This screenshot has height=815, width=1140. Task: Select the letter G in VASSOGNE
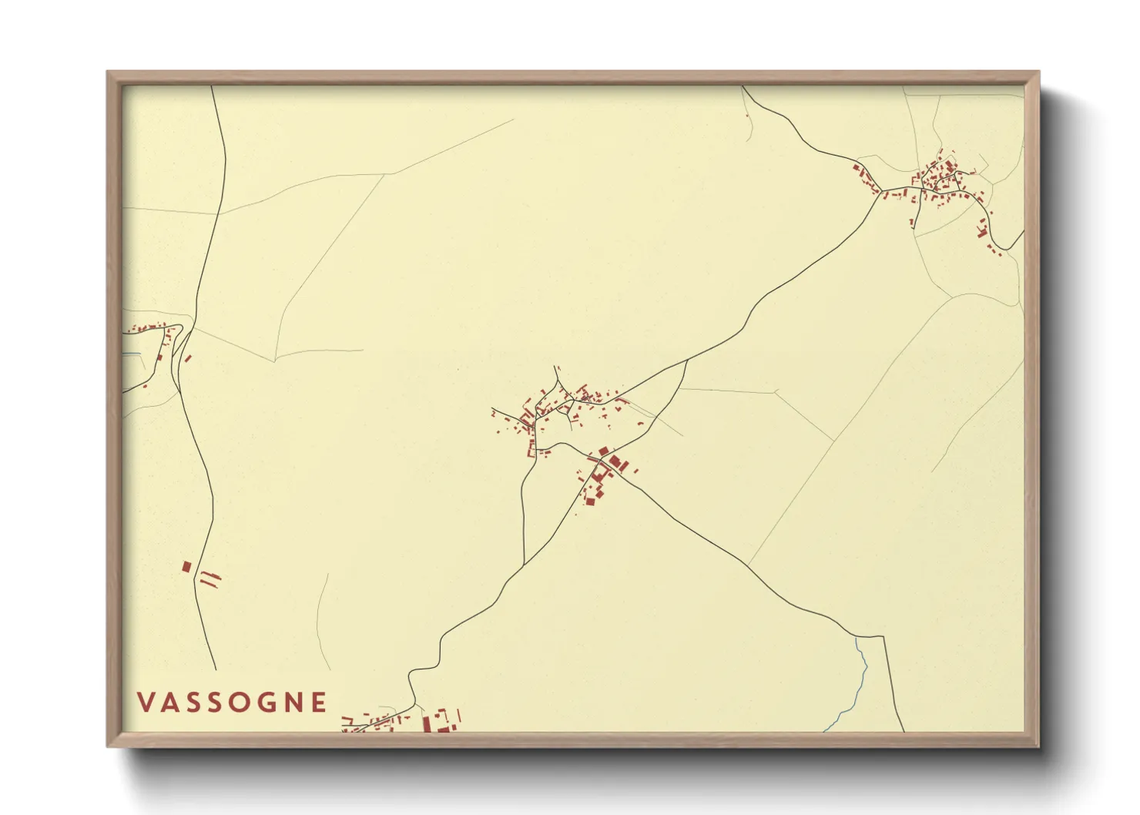coord(266,703)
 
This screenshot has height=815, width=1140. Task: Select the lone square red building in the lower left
coord(186,567)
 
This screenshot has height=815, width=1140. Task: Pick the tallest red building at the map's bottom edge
coord(426,724)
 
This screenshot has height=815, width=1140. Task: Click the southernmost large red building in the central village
coord(591,501)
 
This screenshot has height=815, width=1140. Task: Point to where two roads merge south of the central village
coord(524,566)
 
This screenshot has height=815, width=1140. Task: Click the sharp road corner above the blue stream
coord(883,637)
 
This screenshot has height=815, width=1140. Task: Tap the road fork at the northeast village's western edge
coord(880,190)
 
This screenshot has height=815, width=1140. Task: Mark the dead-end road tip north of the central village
coord(555,367)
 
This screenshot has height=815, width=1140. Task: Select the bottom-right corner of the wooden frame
coord(1038,746)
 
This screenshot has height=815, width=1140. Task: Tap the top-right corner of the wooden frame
coord(1038,72)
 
